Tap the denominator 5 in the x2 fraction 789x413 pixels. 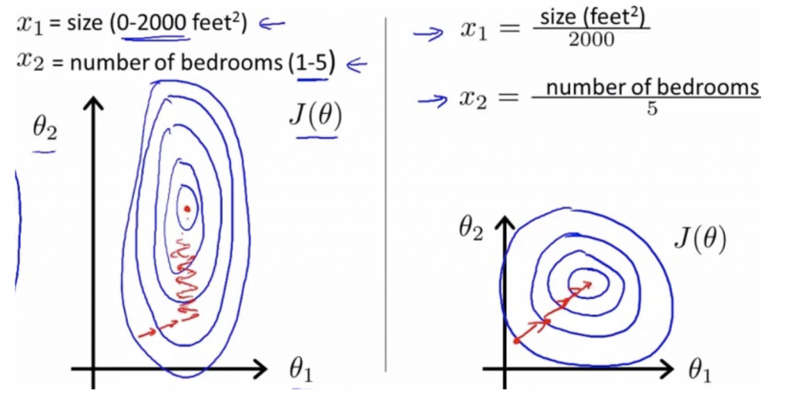(x=652, y=109)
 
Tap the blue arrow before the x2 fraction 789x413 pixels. (x=432, y=99)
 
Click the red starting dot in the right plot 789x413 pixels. (x=515, y=340)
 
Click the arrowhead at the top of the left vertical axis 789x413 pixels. (x=94, y=105)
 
